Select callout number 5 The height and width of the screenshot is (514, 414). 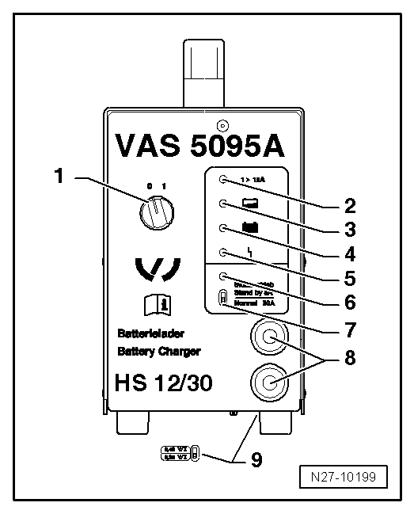point(349,279)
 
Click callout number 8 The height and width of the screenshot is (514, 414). point(349,357)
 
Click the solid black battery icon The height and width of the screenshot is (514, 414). point(252,228)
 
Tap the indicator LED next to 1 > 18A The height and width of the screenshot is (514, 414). point(224,179)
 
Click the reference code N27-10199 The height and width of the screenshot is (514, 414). point(352,478)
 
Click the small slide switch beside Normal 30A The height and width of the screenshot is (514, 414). point(223,299)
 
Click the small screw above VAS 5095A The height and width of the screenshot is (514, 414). point(222,124)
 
